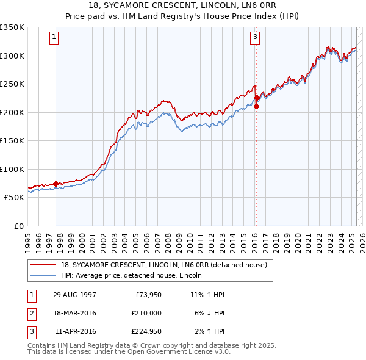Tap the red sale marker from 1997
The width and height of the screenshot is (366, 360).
56,183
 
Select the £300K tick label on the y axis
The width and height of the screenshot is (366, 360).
12,56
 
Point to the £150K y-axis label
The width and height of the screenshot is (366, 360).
12,140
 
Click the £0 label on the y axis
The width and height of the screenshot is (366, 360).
18,226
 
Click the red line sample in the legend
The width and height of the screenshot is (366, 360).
43,265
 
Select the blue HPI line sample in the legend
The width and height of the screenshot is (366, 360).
43,275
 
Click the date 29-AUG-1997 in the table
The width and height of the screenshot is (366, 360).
74,295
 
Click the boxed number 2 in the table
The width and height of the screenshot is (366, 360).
31,313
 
